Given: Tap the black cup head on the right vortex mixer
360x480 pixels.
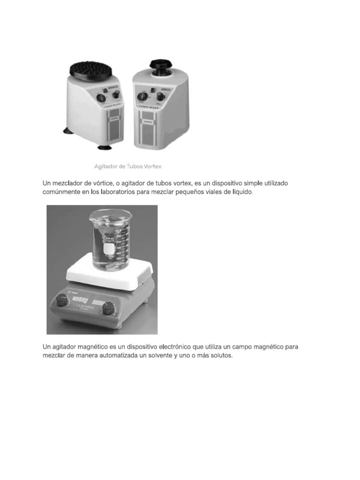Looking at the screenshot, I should coord(160,65).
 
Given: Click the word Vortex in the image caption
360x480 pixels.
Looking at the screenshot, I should coord(151,166).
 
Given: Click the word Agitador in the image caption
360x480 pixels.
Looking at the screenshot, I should coord(107,166).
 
